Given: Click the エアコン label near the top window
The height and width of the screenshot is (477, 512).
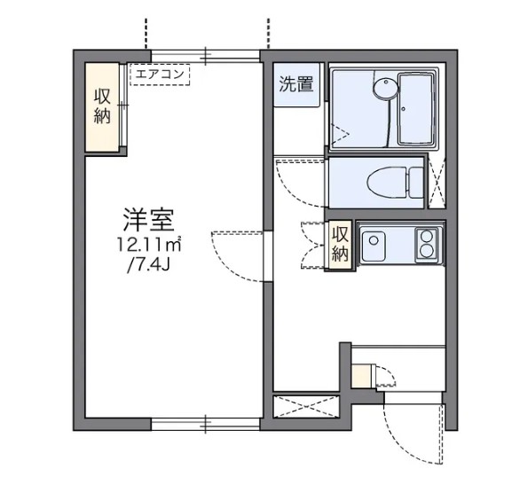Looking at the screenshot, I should coord(161,74).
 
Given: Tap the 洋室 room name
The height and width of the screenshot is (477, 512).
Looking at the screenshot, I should coord(147,218).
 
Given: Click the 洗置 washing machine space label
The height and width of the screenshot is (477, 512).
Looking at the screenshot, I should coord(295,86).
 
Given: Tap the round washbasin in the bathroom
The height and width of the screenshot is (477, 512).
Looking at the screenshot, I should coord(382,88).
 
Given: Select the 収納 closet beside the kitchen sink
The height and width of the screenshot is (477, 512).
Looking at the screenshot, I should coord(340,243).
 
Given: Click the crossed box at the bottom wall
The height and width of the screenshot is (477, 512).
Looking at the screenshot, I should coord(306,410).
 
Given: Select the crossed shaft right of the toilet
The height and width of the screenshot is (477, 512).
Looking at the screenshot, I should coord(437,182).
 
